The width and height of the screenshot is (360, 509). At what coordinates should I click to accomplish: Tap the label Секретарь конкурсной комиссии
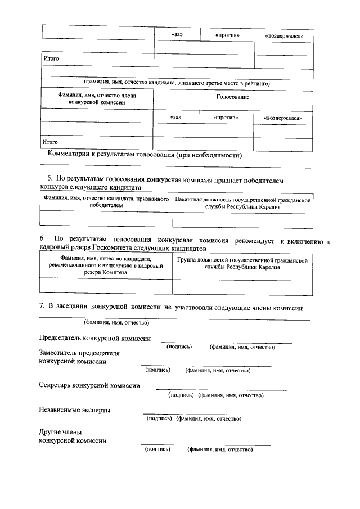[x=89, y=385]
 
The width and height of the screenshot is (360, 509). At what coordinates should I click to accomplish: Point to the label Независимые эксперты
[x=74, y=410]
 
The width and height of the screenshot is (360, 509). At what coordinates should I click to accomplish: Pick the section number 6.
[x=41, y=240]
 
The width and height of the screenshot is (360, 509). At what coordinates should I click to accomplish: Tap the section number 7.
[x=41, y=307]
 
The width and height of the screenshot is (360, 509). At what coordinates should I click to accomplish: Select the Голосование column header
[x=233, y=97]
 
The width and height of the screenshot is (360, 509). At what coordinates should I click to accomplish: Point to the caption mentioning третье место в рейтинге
[x=177, y=83]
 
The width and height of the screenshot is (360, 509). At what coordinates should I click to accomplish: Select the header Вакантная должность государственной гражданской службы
[x=243, y=204]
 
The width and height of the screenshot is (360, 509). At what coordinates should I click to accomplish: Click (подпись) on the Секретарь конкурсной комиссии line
[x=182, y=395]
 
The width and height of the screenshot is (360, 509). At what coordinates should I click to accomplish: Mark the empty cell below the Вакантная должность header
[x=243, y=220]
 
